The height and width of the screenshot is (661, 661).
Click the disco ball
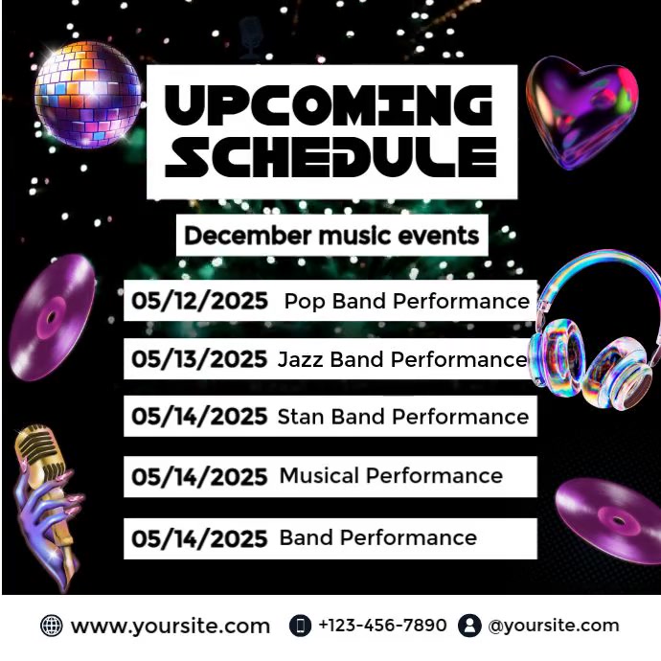pos(87,94)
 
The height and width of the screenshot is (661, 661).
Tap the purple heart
pos(581,111)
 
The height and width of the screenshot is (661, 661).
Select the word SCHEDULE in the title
pos(330,158)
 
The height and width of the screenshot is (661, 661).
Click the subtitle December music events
pos(331,235)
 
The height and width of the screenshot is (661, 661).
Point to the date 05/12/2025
pos(199,302)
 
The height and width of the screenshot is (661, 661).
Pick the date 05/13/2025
pos(199,359)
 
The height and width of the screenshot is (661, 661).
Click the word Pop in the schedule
pos(305,302)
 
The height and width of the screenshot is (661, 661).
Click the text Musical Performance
pos(391,475)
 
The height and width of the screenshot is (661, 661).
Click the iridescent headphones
pos(594,330)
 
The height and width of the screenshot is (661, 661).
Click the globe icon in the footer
pos(51,627)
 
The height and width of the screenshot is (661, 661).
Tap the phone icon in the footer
pos(300,627)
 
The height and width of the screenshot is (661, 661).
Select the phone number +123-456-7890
pos(382,626)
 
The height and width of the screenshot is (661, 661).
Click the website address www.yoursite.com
pos(171,627)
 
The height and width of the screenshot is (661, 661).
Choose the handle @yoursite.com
pos(553,626)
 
